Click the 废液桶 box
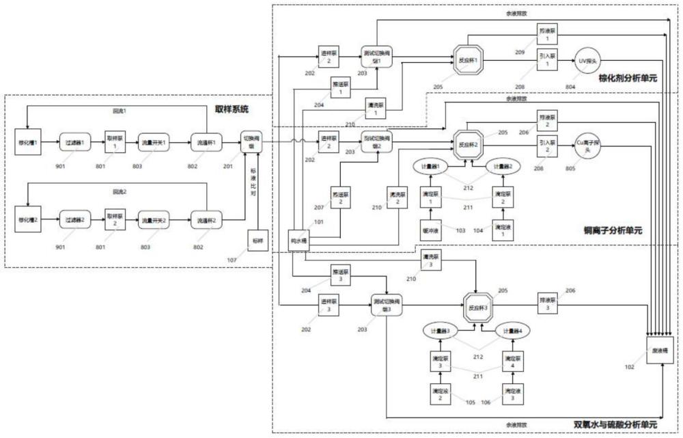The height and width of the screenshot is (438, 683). point(659,351)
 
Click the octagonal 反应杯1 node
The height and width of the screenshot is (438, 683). point(468,60)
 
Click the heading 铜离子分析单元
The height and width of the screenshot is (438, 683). point(613,230)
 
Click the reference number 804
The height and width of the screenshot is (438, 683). point(570,87)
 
